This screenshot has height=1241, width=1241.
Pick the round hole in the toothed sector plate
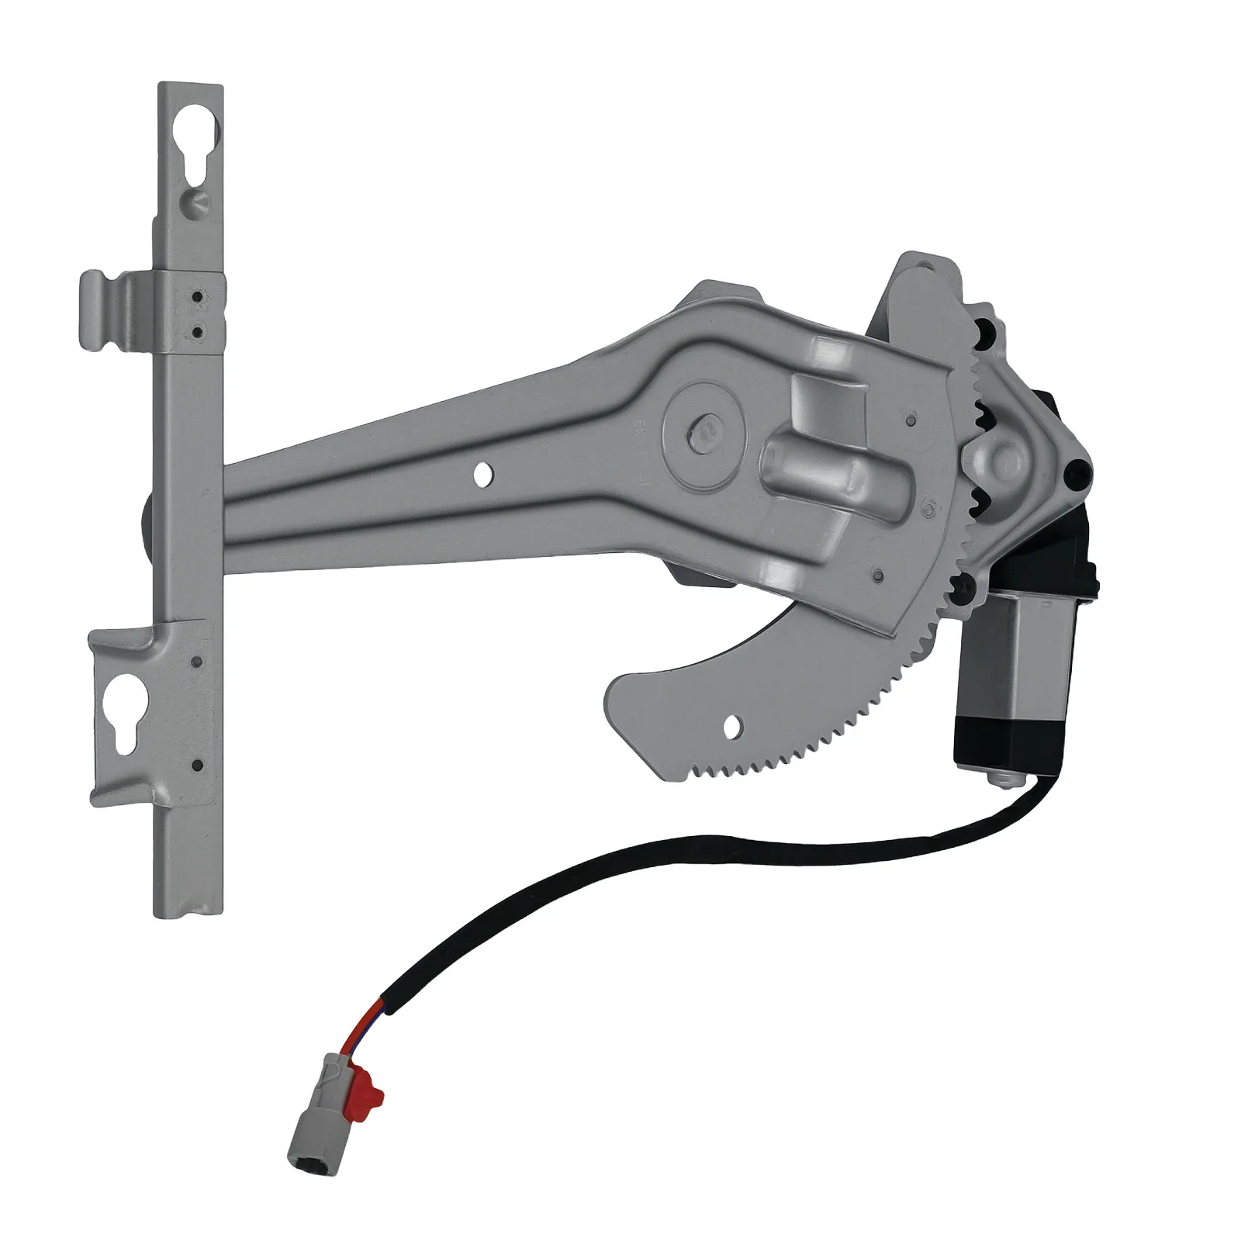tap(731, 726)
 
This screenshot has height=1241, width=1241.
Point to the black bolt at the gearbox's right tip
tap(1077, 471)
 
